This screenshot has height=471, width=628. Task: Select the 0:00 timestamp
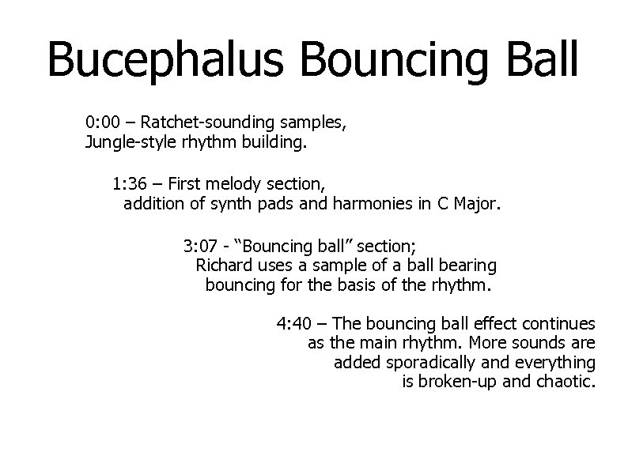(x=102, y=124)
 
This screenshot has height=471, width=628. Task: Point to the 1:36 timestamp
(x=128, y=185)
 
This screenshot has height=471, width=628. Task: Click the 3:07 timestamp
(x=199, y=244)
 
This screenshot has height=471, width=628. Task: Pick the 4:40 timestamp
(x=293, y=323)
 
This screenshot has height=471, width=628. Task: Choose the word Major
(x=477, y=205)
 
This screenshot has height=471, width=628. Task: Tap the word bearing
(x=469, y=265)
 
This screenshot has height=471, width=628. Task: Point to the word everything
(x=559, y=363)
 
